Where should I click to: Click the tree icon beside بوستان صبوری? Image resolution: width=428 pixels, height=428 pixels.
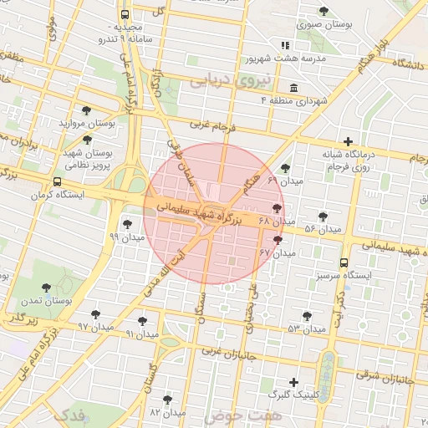point(324,11)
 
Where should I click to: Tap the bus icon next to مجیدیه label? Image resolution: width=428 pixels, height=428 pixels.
point(125,15)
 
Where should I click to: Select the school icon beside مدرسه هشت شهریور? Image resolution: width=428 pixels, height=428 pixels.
point(285,45)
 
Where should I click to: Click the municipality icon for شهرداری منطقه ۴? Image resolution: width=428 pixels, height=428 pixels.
point(293,89)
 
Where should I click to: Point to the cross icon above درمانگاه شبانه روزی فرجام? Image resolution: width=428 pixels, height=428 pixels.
point(348,141)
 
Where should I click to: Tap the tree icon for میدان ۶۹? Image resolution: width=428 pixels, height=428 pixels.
point(285,168)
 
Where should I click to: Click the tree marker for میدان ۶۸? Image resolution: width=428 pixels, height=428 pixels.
point(277,208)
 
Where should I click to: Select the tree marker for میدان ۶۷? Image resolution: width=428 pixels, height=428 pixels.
point(278,239)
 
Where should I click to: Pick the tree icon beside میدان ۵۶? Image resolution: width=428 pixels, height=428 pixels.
point(323,217)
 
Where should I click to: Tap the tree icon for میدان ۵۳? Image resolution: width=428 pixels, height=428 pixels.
point(307,316)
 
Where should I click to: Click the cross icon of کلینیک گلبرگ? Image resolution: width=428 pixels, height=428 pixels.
point(293,381)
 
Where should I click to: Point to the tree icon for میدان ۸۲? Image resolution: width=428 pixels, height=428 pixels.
point(168,400)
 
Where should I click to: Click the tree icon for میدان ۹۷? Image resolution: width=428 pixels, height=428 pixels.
point(94,313)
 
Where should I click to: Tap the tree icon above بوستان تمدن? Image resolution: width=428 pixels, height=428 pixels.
point(46,288)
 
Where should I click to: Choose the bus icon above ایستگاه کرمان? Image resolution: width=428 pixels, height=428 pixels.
point(57,181)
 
